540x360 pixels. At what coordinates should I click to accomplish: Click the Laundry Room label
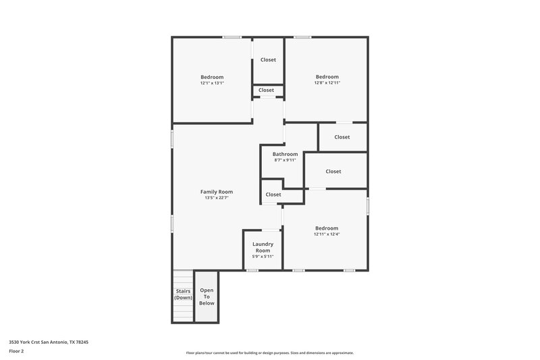coord(263,247)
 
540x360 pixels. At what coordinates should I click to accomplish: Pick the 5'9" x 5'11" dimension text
coord(263,257)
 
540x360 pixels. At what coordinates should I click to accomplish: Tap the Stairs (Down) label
coord(183,294)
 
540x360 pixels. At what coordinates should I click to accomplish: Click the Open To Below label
coord(207,297)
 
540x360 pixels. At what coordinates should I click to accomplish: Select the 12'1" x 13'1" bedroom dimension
coord(211,83)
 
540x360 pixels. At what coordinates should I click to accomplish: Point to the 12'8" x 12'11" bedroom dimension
coord(327,83)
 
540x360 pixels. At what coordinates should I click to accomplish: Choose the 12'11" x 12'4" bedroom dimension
coord(327,234)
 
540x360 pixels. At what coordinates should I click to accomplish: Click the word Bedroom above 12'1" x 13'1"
coord(211,77)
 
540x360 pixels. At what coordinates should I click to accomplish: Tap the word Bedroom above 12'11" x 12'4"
coord(327,228)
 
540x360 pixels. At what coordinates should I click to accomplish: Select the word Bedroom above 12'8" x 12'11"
coord(327,77)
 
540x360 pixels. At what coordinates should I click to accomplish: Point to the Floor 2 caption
coord(18,351)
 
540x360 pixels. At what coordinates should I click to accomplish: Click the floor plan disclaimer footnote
coord(269,353)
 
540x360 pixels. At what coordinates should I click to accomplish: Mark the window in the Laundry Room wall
coord(252,271)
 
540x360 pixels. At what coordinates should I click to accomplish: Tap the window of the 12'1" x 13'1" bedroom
coord(233,36)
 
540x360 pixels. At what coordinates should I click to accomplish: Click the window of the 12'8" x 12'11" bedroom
coord(302,36)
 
